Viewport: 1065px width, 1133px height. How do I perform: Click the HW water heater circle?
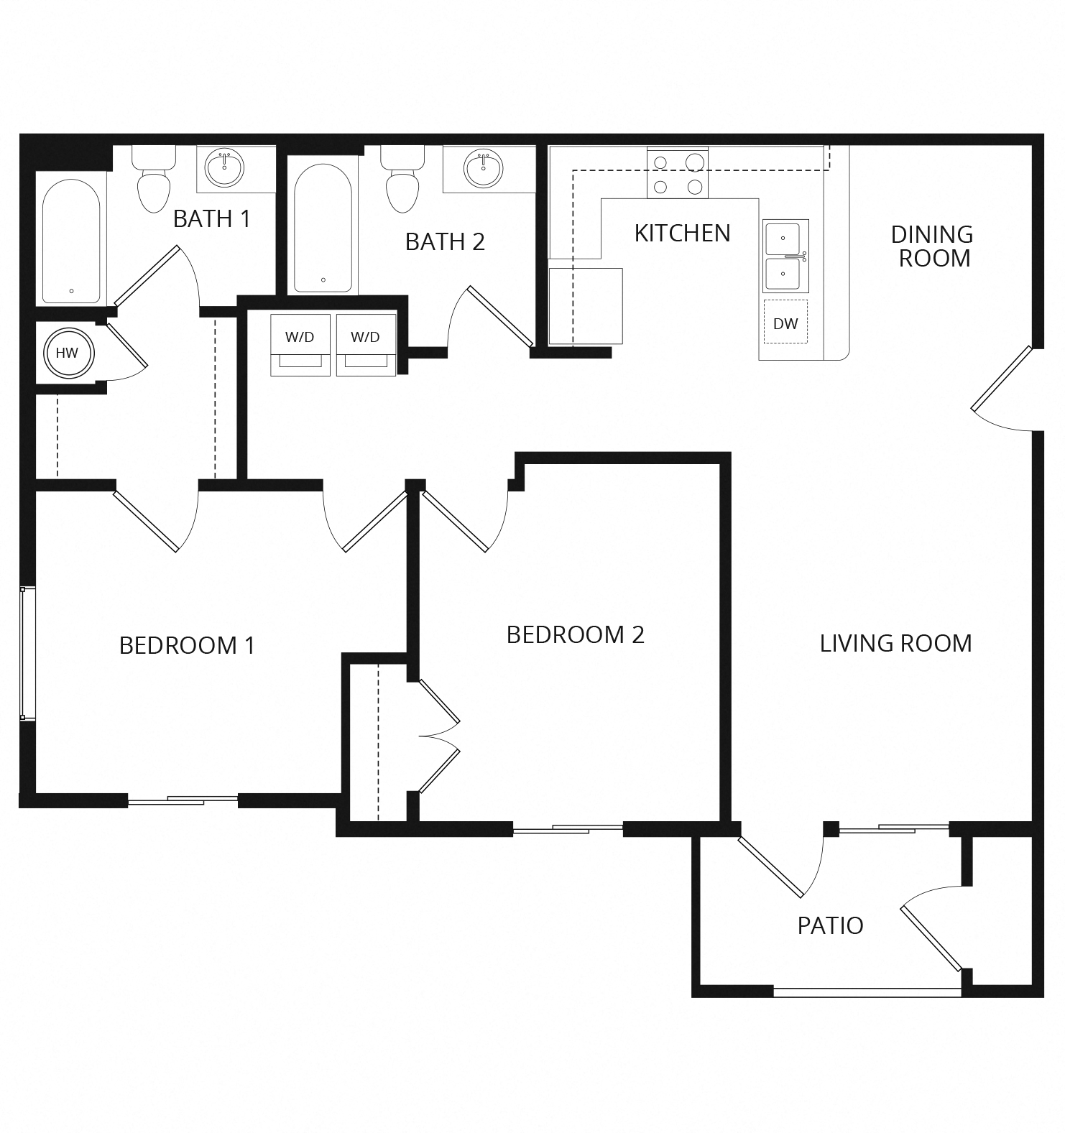[x=67, y=353]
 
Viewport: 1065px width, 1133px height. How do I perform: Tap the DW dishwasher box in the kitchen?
[x=785, y=323]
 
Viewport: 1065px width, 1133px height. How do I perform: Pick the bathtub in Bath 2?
[x=323, y=228]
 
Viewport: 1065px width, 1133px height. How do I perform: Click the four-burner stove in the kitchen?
[x=677, y=173]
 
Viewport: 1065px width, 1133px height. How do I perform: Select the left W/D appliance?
[x=300, y=345]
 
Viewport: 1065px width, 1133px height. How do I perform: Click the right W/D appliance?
[x=365, y=345]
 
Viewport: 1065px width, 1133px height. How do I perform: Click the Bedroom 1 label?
[x=187, y=646]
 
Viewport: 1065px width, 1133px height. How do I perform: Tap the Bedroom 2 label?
[x=575, y=635]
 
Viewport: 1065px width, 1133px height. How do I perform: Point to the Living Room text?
[x=895, y=644]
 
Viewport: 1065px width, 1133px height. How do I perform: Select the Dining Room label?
[x=932, y=246]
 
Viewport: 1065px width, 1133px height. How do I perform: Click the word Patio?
[x=830, y=925]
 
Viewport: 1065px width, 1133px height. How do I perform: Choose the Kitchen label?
[x=682, y=233]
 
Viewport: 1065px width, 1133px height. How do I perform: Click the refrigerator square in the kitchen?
[x=586, y=306]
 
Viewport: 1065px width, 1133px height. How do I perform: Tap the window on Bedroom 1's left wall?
[x=27, y=652]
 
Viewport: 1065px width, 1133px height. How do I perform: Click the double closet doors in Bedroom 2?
[x=438, y=736]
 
